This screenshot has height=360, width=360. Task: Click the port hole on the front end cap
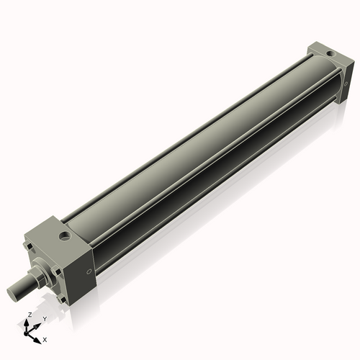(x=66, y=235)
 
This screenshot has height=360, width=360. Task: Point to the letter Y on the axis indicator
(x=44, y=318)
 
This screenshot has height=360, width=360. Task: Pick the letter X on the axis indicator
(x=45, y=338)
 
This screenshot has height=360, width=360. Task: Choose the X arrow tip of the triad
(x=40, y=337)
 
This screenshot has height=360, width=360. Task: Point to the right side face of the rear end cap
(x=346, y=78)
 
